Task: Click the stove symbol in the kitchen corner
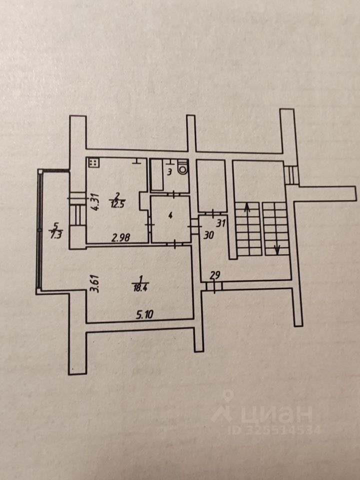[93, 163]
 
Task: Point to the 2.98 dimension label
[121, 238]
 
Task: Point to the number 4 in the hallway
[170, 216]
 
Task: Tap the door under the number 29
[213, 286]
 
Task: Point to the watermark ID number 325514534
[274, 429]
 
